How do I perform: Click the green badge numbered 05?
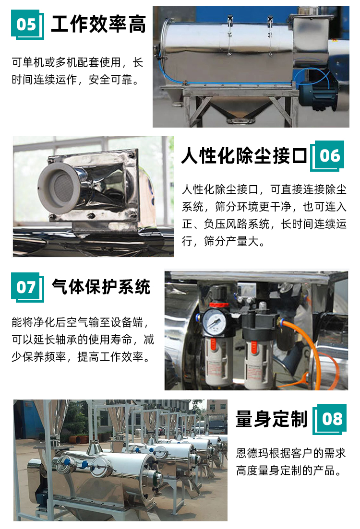(27, 24)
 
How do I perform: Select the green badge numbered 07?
(27, 287)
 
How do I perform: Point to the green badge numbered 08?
(330, 419)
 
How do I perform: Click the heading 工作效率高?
(98, 24)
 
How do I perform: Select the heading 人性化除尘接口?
(244, 155)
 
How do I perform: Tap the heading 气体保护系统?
(101, 287)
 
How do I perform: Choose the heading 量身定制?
(272, 419)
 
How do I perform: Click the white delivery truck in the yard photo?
(216, 425)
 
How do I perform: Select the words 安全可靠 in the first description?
(110, 80)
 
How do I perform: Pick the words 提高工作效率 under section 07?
(110, 357)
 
